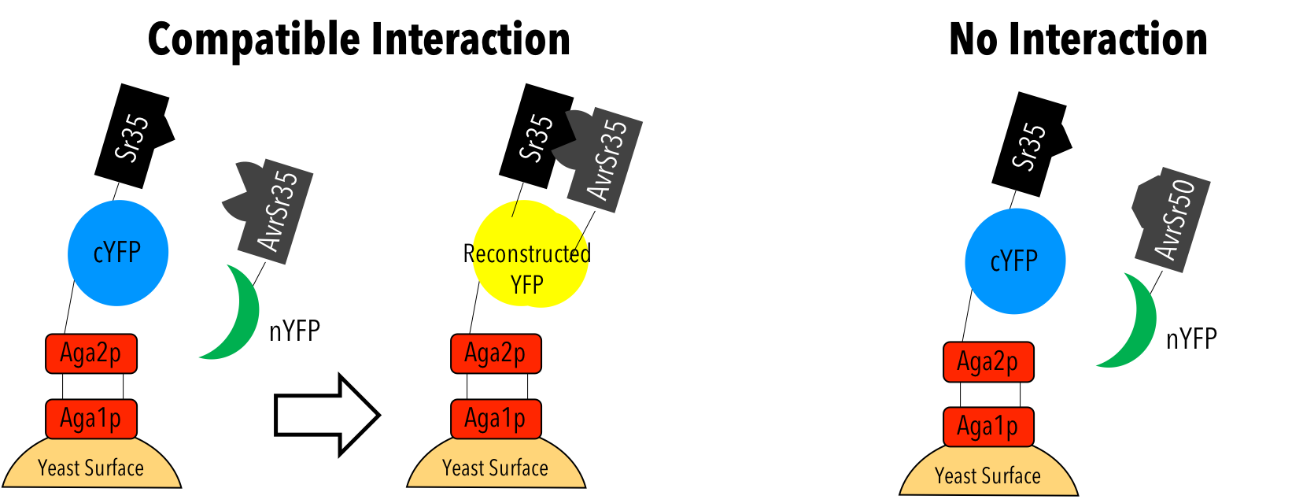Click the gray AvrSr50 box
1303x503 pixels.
coord(1172,220)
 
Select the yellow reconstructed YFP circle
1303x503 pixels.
coord(529,254)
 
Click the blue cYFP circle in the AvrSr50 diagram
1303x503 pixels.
coord(1015,261)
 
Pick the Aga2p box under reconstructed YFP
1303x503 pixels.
coord(496,353)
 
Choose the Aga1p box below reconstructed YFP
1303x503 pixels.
coord(496,418)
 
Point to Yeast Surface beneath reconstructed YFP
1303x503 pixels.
coord(496,468)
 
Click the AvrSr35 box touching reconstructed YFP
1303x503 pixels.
coord(606,160)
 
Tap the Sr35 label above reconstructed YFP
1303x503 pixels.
coord(537,138)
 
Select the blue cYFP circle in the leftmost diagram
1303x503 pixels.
coord(118,253)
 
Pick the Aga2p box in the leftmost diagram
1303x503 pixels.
coord(91,353)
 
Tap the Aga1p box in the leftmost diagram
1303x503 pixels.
coord(91,418)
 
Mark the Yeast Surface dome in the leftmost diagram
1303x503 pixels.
coord(91,468)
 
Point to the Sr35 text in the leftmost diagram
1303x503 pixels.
coord(132,139)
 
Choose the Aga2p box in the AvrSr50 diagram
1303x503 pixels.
coord(988,362)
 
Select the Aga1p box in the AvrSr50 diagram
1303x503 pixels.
coord(988,427)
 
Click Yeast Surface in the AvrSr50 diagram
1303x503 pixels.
coord(988,475)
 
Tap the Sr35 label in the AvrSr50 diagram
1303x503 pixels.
coord(1029,146)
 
